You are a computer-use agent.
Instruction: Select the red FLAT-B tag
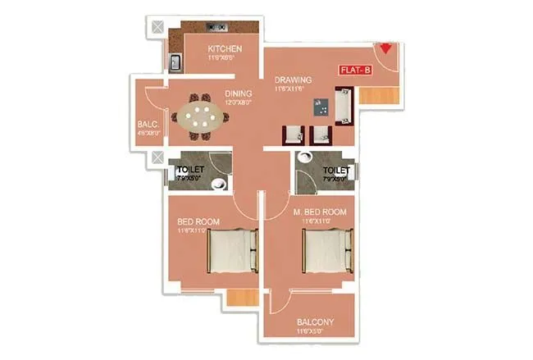point(355,71)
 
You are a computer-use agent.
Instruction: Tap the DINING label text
point(238,93)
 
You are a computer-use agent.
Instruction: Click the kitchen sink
point(175,62)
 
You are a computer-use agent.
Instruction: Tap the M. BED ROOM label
point(320,212)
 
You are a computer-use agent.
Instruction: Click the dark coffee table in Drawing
point(321,107)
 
